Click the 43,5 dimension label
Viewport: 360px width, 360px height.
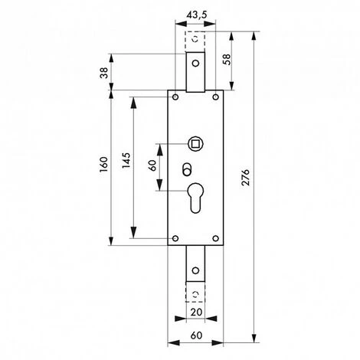[x=196, y=15]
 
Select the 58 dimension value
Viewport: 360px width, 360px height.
[x=227, y=60]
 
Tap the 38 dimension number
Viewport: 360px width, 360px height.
[x=104, y=73]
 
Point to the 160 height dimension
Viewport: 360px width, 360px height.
[x=104, y=164]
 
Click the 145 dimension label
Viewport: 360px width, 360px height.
[x=126, y=160]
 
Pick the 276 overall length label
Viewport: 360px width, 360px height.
[x=245, y=177]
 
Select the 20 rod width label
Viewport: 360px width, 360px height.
[x=196, y=312]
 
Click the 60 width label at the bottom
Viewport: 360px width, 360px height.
[x=196, y=335]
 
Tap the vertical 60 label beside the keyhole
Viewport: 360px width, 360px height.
[x=152, y=165]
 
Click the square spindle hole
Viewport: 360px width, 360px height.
[x=196, y=144]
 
